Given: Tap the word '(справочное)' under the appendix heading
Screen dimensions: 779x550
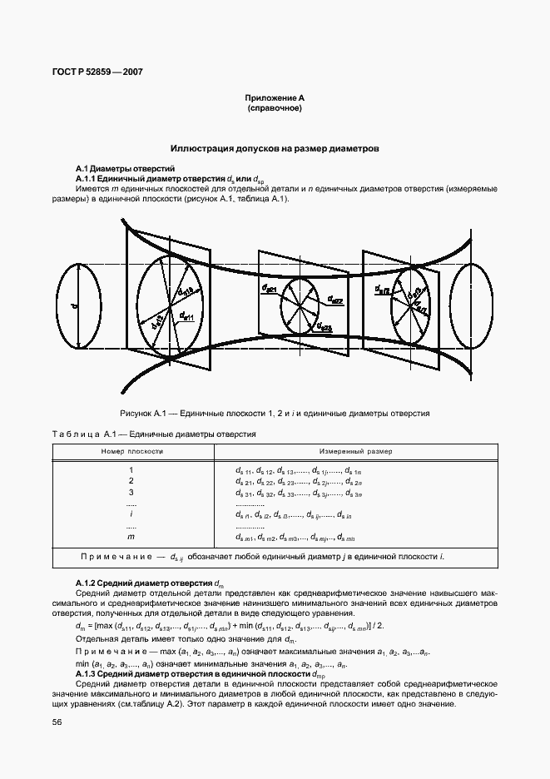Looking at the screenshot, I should [274, 108].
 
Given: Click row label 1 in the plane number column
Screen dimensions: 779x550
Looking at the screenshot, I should [131, 470].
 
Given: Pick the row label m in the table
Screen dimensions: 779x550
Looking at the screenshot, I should [131, 538].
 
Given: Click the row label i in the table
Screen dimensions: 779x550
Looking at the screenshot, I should [131, 515].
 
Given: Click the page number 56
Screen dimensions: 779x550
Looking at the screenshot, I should [57, 722].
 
